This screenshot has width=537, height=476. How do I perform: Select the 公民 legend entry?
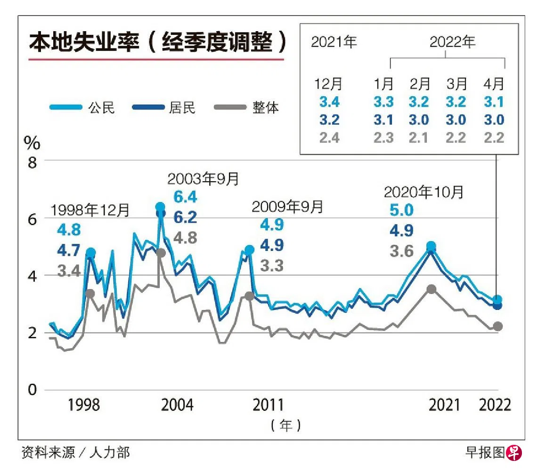[82, 108]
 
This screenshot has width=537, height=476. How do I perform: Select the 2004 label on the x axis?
[178, 405]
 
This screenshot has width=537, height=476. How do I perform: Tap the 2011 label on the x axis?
[268, 405]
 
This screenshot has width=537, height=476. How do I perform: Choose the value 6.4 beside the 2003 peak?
[186, 196]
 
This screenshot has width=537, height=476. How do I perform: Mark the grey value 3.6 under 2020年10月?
[401, 251]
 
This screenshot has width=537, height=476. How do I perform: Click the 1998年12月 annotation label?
[90, 210]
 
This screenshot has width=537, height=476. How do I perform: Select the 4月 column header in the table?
[494, 84]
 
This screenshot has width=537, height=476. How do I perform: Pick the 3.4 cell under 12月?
[329, 102]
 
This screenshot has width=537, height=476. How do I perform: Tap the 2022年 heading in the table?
[453, 42]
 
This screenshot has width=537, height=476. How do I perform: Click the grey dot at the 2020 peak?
[431, 289]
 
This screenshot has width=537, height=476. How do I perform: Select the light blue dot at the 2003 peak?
[160, 207]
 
